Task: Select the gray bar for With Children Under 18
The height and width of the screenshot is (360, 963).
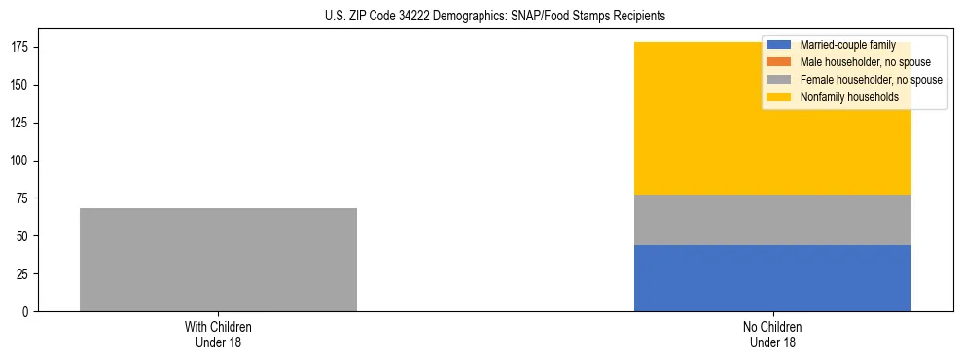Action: pyautogui.click(x=218, y=260)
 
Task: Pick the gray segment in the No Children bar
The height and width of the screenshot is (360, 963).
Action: pyautogui.click(x=772, y=220)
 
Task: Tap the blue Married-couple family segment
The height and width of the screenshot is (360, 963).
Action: pyautogui.click(x=772, y=278)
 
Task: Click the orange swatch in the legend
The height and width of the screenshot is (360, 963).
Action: pyautogui.click(x=779, y=62)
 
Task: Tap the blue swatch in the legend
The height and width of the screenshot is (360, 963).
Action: pyautogui.click(x=779, y=45)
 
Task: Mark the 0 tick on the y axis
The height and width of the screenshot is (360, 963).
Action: pyautogui.click(x=28, y=312)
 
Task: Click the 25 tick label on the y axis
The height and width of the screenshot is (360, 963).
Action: pyautogui.click(x=25, y=274)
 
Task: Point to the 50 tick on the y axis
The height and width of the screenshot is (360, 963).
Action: pyautogui.click(x=25, y=236)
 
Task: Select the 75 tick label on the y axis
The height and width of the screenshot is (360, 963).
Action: pyautogui.click(x=25, y=198)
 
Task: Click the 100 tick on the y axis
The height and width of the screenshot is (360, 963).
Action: pyautogui.click(x=22, y=161)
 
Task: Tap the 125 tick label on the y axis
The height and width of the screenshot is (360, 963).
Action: pyautogui.click(x=22, y=124)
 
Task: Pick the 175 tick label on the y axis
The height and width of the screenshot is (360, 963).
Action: pyautogui.click(x=22, y=48)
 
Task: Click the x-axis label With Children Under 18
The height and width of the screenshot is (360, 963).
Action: pyautogui.click(x=218, y=334)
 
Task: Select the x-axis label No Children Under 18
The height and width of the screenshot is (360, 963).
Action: pyautogui.click(x=772, y=334)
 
